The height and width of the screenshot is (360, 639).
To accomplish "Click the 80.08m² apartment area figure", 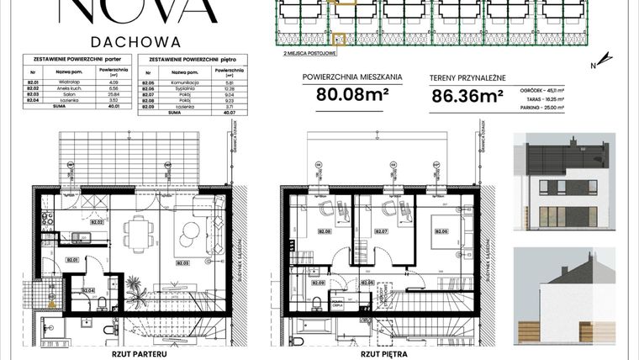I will coord(352,94).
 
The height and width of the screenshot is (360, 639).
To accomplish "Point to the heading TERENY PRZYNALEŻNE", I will coord(467,76).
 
